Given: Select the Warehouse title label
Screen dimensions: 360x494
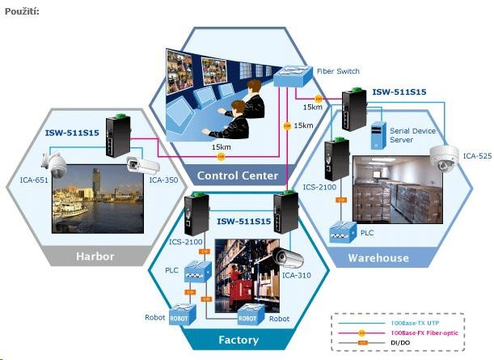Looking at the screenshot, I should [x=378, y=258].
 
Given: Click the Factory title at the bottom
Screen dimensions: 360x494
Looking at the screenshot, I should [x=239, y=340].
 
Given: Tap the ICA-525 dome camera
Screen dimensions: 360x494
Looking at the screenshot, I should [x=445, y=159].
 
